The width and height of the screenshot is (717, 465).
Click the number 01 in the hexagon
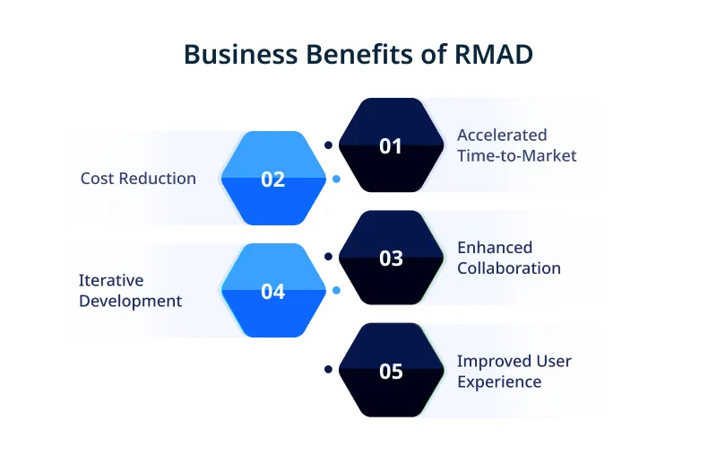tap(391, 145)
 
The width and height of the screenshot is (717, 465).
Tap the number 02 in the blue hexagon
tap(273, 179)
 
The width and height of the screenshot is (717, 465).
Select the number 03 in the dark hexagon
tap(391, 259)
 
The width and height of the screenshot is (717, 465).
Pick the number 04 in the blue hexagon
tap(273, 292)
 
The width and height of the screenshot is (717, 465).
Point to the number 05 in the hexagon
tap(391, 371)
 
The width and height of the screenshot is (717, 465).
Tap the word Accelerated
tap(502, 135)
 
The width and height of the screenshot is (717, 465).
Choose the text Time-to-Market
tap(517, 155)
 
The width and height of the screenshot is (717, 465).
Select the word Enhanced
tap(495, 247)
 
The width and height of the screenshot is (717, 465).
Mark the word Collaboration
tap(509, 268)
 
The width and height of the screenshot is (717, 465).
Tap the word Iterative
tap(111, 280)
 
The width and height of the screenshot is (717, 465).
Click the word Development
tap(130, 301)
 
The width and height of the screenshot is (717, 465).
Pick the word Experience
tap(499, 382)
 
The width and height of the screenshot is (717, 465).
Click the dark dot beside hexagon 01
tap(329, 145)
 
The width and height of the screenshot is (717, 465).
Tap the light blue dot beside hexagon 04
tap(336, 291)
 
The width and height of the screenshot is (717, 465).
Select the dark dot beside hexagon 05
tap(329, 369)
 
